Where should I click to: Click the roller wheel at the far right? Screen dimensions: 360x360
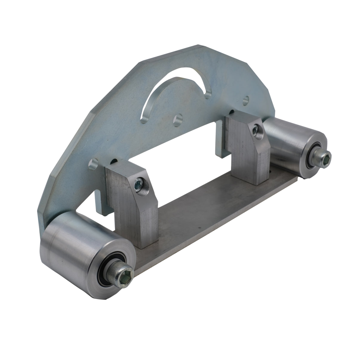point(287,140)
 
